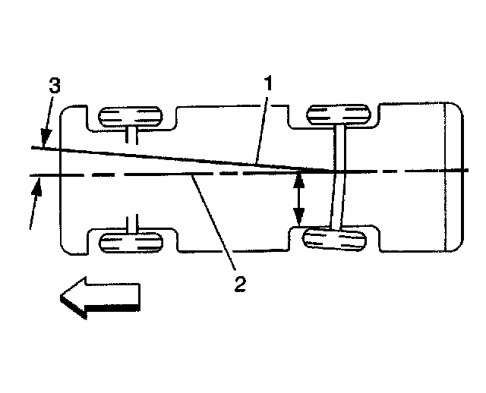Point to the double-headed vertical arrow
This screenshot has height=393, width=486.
click(x=299, y=199)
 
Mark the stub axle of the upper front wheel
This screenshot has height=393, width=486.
click(x=133, y=136)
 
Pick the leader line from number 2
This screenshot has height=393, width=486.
click(x=216, y=228)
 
